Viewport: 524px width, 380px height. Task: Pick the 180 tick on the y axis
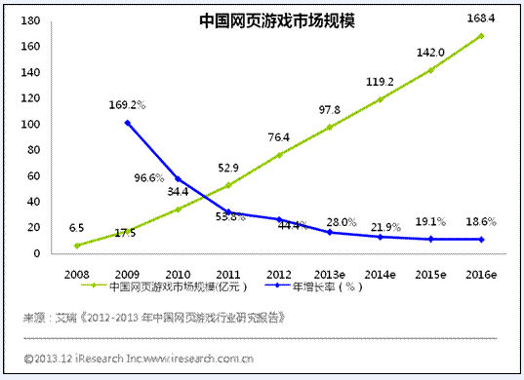click(x=34, y=21)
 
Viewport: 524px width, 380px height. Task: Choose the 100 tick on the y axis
click(x=34, y=125)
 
